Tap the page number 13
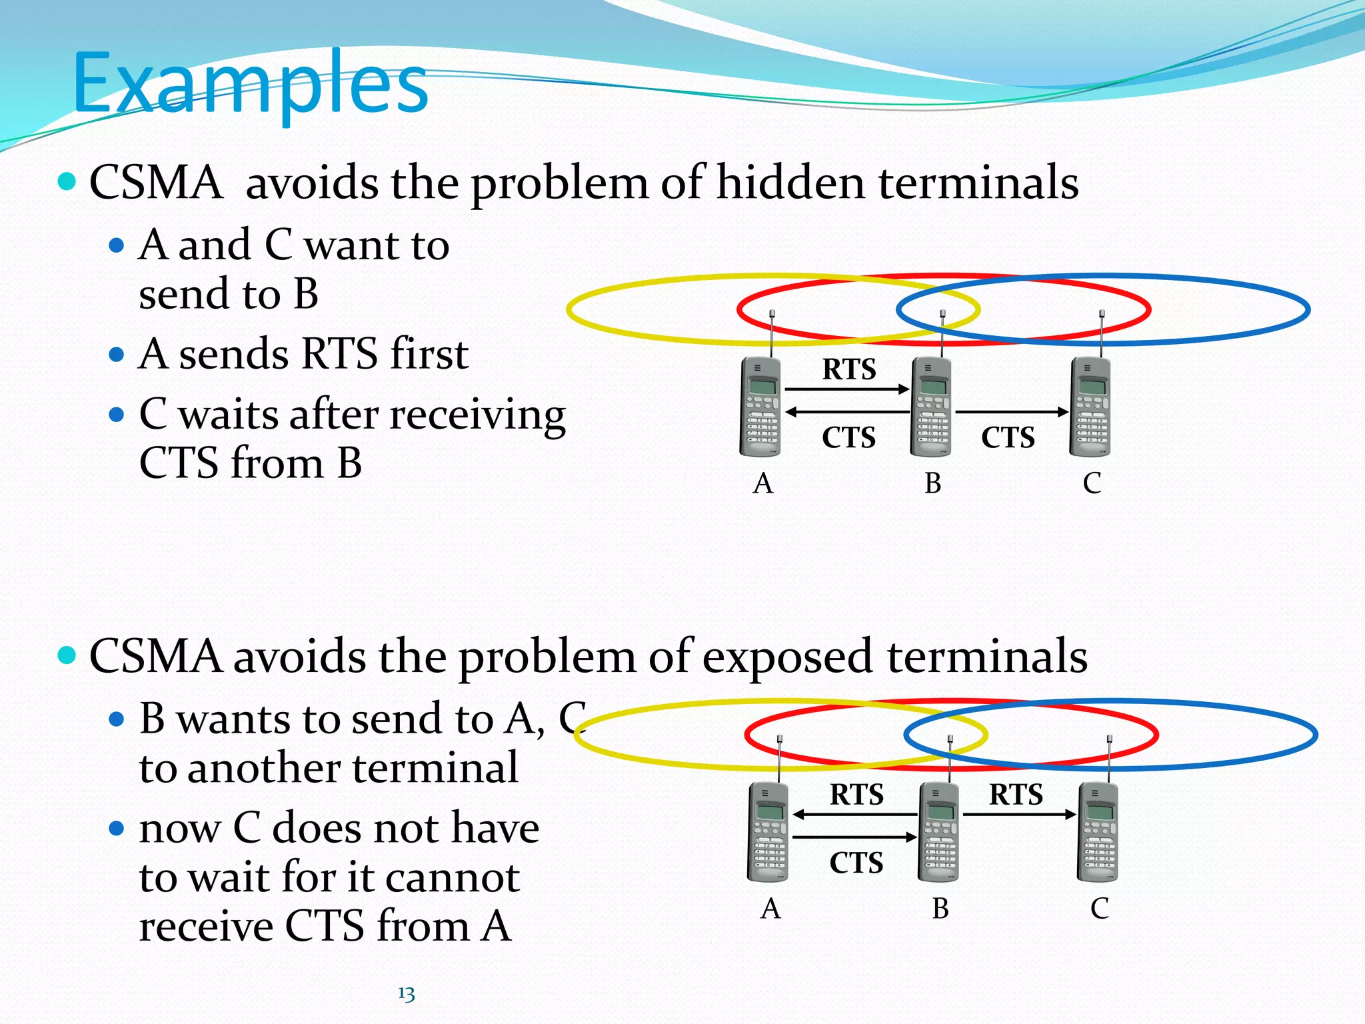[407, 994]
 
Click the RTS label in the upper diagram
[848, 369]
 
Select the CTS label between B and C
[1008, 438]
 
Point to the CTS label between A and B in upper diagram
[848, 438]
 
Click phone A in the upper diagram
[760, 407]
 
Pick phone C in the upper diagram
[1090, 407]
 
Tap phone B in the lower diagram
[938, 832]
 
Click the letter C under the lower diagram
[1099, 909]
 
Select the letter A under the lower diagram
[770, 909]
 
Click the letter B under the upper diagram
[932, 483]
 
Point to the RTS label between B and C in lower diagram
[1016, 795]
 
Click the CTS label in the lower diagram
[856, 863]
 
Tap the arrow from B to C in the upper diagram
[1011, 412]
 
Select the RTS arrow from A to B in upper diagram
[847, 389]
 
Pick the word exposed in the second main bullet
[787, 657]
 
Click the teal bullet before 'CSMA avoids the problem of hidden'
[67, 181]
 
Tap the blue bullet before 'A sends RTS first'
[117, 354]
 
